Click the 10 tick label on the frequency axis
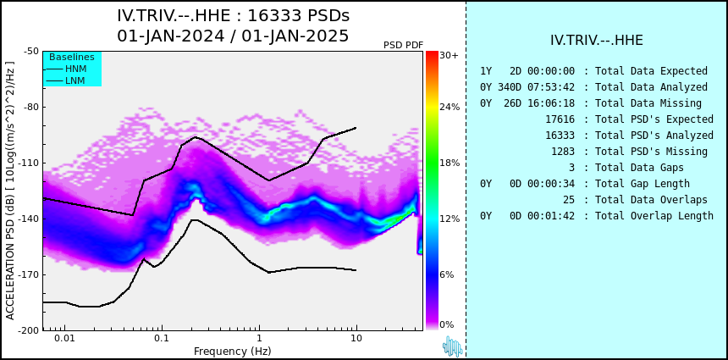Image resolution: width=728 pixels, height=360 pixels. [356, 339]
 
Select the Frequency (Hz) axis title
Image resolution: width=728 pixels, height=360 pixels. [233, 351]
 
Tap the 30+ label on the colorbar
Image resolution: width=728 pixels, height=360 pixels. [449, 56]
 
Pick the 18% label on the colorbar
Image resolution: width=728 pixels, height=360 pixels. [449, 163]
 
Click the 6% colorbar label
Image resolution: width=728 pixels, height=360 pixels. [447, 275]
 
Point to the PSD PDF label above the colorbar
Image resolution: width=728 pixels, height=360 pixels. [403, 45]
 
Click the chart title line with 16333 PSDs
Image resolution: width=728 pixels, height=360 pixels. [233, 16]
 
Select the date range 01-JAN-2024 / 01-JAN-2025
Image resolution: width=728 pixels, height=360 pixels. [233, 36]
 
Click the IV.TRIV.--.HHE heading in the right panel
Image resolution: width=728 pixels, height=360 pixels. [596, 41]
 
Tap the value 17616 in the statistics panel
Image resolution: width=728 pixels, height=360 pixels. [560, 119]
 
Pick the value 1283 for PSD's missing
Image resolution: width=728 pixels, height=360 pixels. [563, 152]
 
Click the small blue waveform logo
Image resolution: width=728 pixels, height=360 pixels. [452, 346]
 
